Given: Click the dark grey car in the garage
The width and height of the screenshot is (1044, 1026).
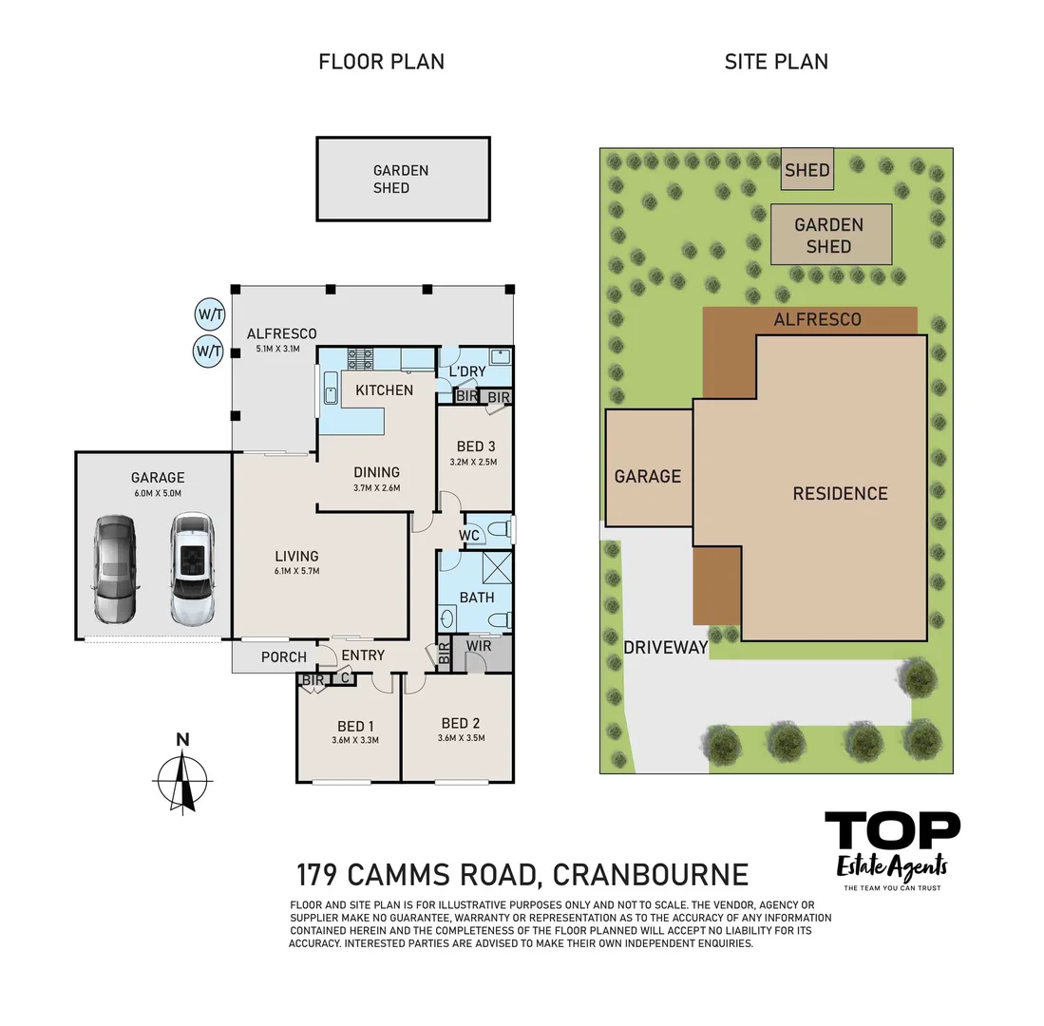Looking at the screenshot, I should click(x=115, y=568).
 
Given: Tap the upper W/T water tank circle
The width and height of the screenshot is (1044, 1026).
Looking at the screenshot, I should click(x=210, y=314).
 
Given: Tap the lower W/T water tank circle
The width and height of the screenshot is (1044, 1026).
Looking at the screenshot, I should click(x=210, y=351).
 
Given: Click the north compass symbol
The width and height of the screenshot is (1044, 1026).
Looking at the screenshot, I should click(x=183, y=779).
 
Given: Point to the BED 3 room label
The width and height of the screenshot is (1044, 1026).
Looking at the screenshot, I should click(x=476, y=446).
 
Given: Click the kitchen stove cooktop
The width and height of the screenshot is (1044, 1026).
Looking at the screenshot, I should click(x=362, y=357).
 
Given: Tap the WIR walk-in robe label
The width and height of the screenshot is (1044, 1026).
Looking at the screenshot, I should click(x=478, y=646).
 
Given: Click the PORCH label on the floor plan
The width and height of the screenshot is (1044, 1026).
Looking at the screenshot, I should click(x=284, y=656).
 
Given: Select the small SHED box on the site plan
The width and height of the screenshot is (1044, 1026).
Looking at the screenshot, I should click(x=807, y=171).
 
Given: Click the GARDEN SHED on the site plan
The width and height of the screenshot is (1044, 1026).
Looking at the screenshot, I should click(x=829, y=235).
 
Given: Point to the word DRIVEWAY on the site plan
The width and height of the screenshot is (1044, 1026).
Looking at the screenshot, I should click(x=665, y=648).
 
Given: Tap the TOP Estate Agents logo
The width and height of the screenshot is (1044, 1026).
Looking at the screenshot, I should click(x=891, y=848).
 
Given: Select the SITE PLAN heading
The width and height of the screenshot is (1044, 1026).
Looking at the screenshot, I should click(x=775, y=62).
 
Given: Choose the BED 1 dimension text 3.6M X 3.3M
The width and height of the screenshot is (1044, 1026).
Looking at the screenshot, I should click(x=355, y=739).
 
